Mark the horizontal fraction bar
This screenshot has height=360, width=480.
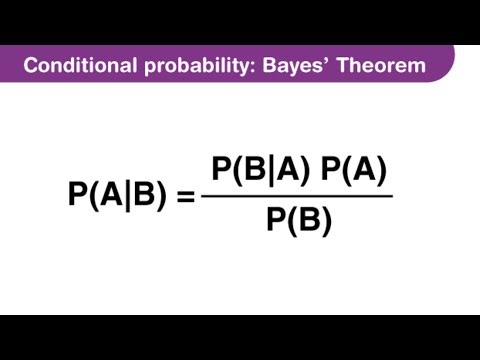(x=297, y=195)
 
